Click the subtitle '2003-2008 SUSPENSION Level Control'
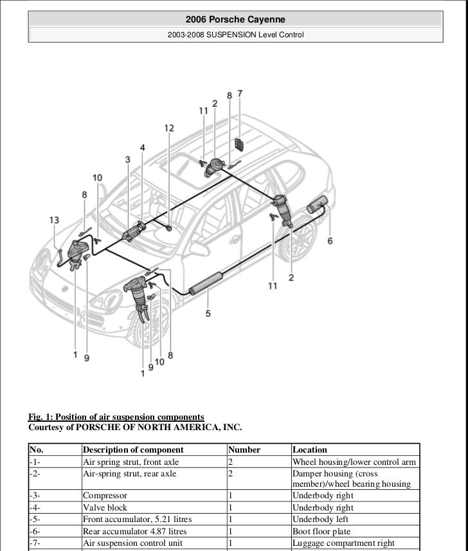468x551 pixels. [x=235, y=34]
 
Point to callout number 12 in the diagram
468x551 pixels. [x=168, y=128]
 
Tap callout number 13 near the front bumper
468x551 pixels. [x=55, y=221]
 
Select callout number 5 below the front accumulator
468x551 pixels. [x=208, y=314]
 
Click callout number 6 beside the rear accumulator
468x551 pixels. [x=330, y=241]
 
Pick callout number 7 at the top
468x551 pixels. [x=240, y=93]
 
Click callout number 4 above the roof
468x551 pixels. [x=142, y=148]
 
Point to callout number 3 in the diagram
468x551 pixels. [x=128, y=159]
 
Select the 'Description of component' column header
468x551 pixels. [x=133, y=450]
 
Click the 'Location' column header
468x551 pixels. [x=310, y=450]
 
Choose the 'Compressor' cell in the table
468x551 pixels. [x=105, y=496]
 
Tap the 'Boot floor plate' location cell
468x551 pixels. [x=321, y=532]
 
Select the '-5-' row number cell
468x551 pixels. [x=35, y=519]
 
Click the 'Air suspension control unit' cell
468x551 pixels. [x=132, y=543]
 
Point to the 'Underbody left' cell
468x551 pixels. [x=320, y=519]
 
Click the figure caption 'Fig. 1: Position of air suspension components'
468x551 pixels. [x=116, y=417]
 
